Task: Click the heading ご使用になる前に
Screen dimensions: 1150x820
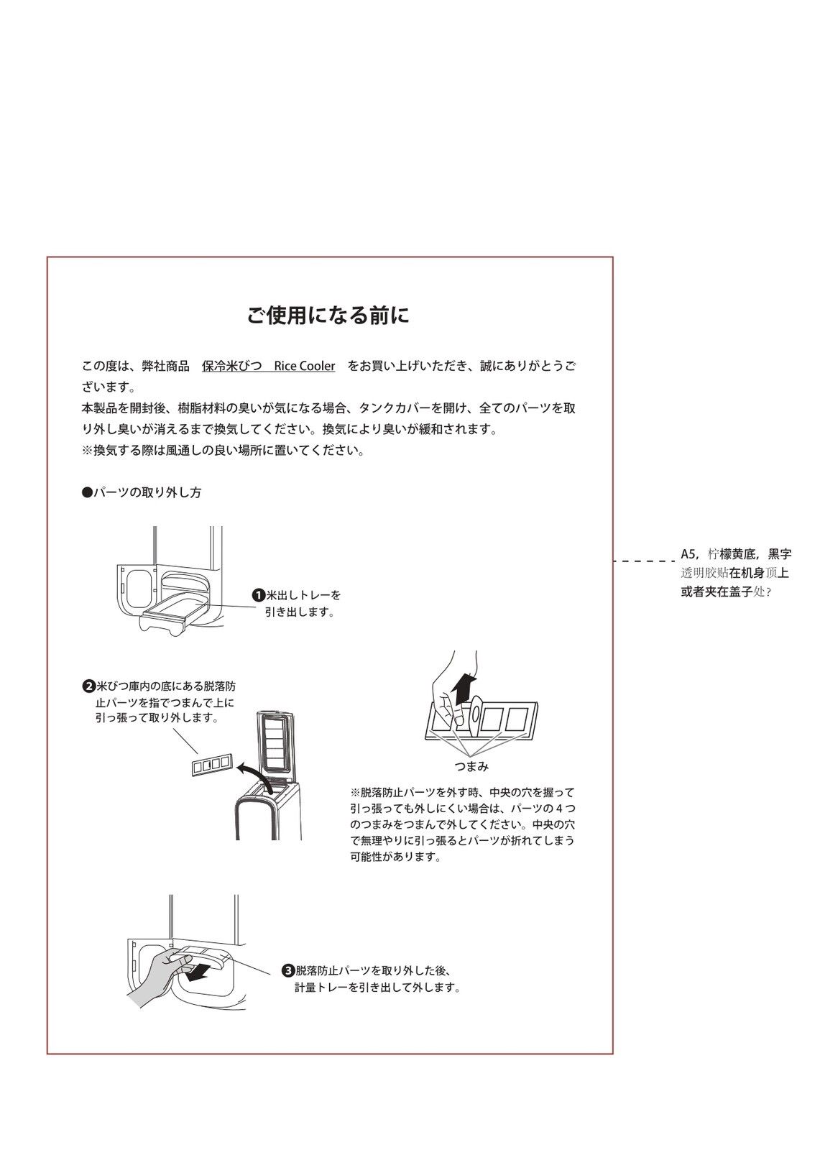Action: tap(328, 316)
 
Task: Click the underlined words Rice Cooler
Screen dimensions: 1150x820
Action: tap(304, 366)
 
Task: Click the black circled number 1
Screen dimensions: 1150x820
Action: tap(258, 595)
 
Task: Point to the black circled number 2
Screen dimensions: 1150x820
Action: tap(89, 686)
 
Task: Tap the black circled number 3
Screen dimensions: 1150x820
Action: tap(287, 970)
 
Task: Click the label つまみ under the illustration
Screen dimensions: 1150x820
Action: tap(471, 766)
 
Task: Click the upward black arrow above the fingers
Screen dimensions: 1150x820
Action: tap(466, 688)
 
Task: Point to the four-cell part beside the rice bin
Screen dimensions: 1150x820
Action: tap(211, 765)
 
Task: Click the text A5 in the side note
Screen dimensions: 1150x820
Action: tap(688, 554)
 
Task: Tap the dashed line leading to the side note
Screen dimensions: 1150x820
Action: tap(643, 561)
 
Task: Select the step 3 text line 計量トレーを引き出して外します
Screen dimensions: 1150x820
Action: tap(377, 988)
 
